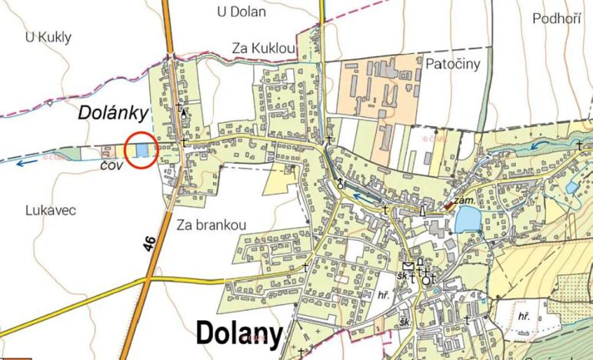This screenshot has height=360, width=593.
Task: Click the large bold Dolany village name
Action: (x=240, y=333)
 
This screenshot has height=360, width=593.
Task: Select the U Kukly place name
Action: (x=48, y=36)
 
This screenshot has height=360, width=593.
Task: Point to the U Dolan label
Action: (x=242, y=12)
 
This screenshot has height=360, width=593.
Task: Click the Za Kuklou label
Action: (x=264, y=49)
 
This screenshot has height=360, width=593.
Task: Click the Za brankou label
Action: (x=211, y=225)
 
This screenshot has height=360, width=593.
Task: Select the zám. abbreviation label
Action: (x=463, y=200)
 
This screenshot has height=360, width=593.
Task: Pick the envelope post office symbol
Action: (x=408, y=266)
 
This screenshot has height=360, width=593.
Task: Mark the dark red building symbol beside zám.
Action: (x=448, y=206)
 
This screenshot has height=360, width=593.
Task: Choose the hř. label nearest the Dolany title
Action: (x=385, y=295)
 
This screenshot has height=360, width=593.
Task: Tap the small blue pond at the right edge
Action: (x=572, y=187)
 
